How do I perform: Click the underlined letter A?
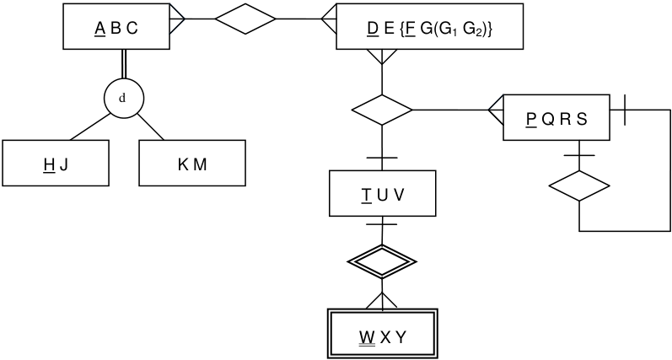[99, 29]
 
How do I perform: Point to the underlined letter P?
[531, 120]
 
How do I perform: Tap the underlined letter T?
[367, 196]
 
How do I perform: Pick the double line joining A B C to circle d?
[124, 64]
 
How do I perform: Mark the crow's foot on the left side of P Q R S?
[496, 110]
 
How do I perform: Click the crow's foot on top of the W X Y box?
[382, 300]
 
